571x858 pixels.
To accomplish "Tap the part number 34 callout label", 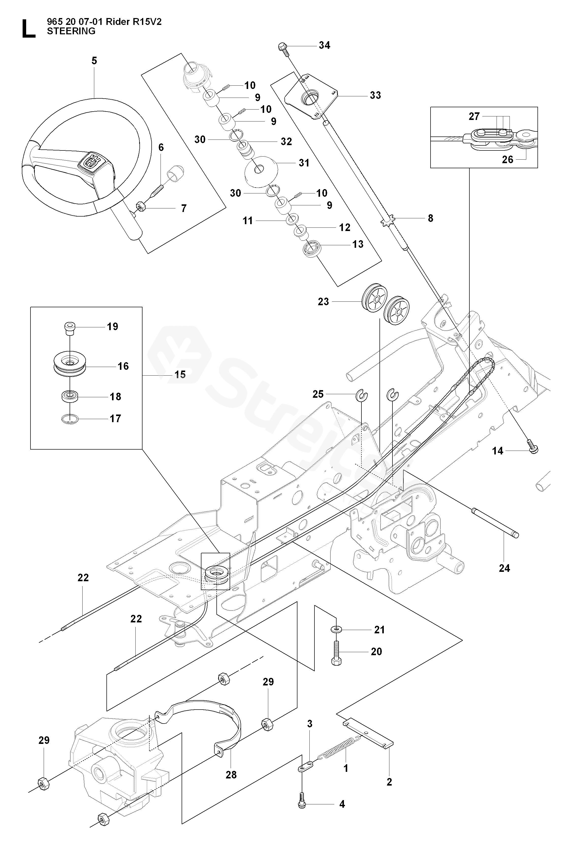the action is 324,45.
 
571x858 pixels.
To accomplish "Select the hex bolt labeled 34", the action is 283,49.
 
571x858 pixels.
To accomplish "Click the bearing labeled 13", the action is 311,250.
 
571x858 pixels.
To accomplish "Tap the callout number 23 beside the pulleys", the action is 323,302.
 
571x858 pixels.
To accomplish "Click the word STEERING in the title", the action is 71,31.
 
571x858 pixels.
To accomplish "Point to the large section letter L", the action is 29,29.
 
